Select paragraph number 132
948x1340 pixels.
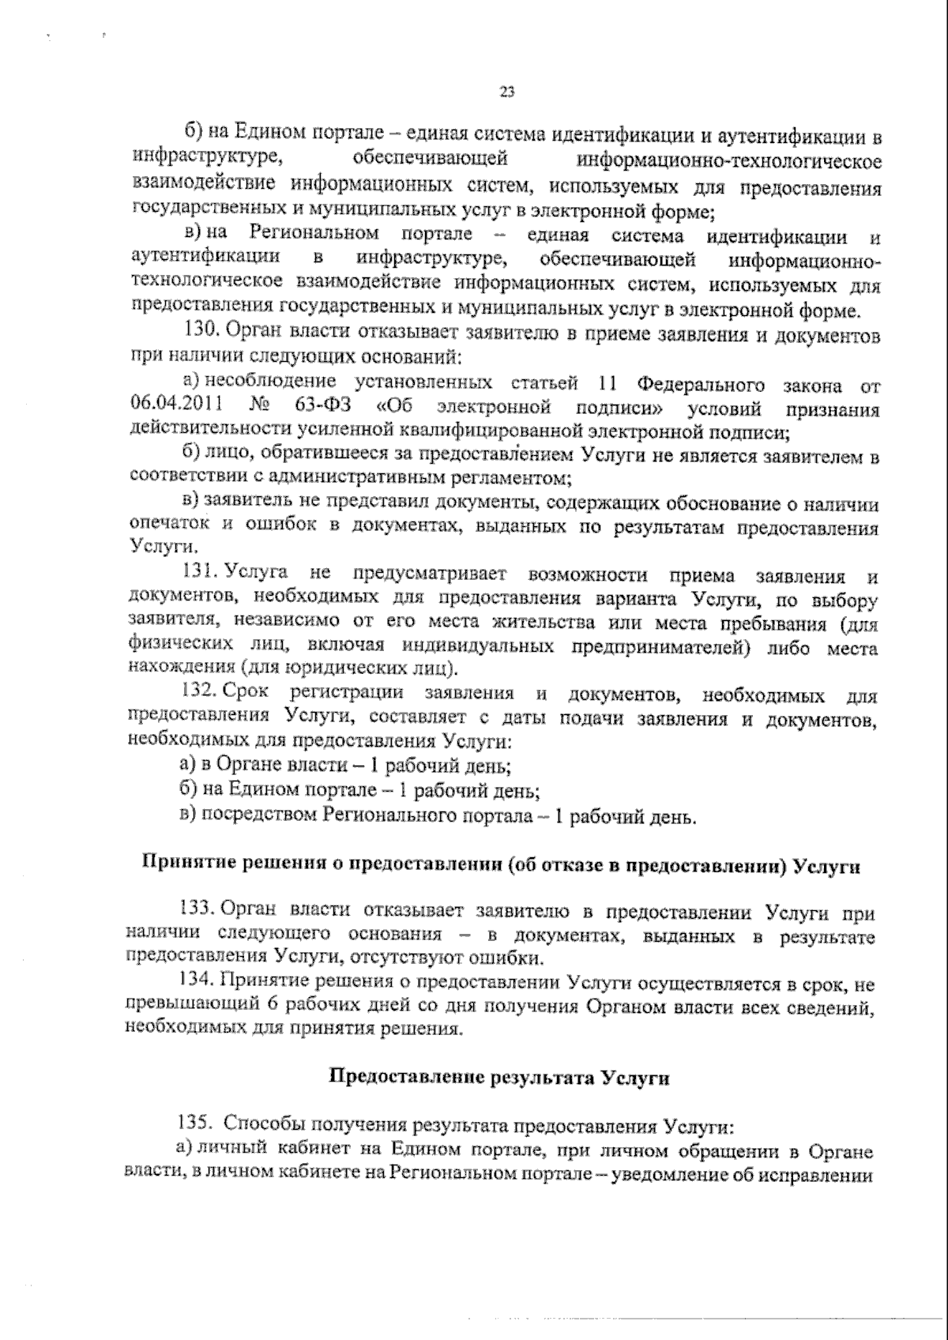click(200, 694)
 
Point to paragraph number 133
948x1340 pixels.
click(199, 915)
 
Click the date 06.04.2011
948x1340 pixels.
click(173, 406)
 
